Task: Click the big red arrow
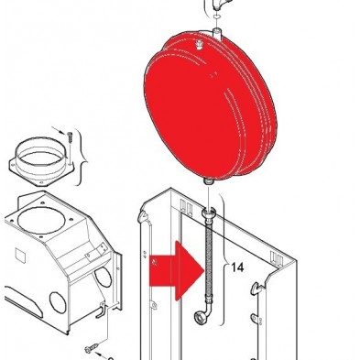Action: [177, 271]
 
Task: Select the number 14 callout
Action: [237, 267]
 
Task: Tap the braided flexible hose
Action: [209, 259]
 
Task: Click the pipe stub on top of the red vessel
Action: [217, 33]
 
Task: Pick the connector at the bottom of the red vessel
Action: [209, 181]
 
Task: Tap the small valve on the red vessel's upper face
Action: [200, 45]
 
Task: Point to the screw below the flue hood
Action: [92, 348]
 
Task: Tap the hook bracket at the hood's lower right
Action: [103, 309]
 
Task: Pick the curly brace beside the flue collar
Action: [80, 158]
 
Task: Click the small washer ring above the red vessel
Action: [216, 16]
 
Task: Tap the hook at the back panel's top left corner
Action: [143, 216]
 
